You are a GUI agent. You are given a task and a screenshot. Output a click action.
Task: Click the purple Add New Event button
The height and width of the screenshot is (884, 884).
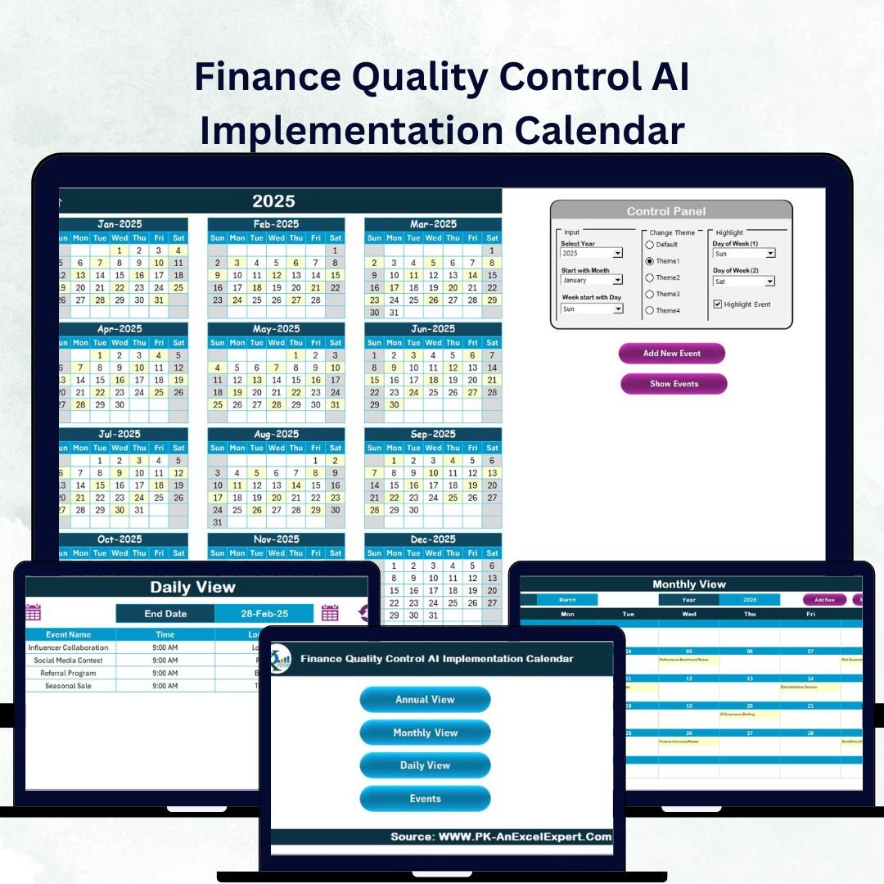point(672,354)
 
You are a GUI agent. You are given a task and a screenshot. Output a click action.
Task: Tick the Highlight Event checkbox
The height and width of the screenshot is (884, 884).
point(718,304)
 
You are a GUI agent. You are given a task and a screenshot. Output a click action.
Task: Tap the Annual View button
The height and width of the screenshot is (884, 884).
point(425,700)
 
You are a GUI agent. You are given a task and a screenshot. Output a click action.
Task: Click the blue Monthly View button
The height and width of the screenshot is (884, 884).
point(425,733)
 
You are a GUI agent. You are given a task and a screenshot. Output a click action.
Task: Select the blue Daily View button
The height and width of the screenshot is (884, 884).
point(425,765)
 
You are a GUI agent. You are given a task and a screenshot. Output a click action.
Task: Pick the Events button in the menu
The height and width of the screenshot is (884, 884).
point(425,799)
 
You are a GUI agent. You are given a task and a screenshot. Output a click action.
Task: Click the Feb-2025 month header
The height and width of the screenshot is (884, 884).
point(276,224)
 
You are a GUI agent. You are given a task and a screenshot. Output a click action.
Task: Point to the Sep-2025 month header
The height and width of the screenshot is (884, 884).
point(433,435)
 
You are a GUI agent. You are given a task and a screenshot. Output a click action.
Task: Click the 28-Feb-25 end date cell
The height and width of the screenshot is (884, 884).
point(264,614)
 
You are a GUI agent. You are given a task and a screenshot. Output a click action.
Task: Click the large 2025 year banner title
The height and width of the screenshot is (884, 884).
point(273,201)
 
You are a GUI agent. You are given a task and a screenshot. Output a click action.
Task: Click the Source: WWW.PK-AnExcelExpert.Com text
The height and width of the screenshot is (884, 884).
point(501,837)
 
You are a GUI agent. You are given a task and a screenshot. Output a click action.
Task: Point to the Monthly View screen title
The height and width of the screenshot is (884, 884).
point(689,584)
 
